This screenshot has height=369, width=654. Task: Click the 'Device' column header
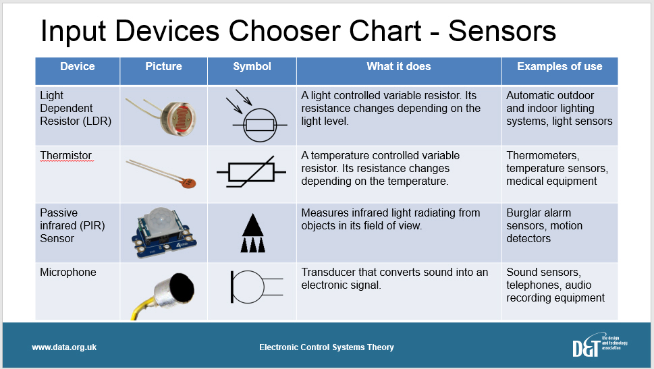pos(78,67)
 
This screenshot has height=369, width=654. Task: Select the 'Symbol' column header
pos(252,67)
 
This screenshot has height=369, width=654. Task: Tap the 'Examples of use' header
pos(560,67)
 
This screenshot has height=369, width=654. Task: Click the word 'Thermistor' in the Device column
pos(65,156)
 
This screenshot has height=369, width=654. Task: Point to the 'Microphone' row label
pos(68,273)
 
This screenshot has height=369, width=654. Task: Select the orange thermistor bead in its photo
pos(188,182)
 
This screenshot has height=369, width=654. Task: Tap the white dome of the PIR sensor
pos(162,219)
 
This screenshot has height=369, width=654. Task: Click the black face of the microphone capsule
pos(182,287)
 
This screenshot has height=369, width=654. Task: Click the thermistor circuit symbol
pos(251,171)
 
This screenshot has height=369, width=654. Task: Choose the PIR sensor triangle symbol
pos(252,233)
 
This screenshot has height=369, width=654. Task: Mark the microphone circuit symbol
pos(256,287)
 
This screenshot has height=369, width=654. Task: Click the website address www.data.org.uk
pos(64,347)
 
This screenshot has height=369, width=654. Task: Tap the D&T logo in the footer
pos(599,345)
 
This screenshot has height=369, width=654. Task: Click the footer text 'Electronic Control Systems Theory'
pos(327,347)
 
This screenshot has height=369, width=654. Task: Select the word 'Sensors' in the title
pos(501,31)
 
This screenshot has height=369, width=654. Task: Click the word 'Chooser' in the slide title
pos(325,31)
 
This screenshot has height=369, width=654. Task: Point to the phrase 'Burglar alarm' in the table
pos(539,212)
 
